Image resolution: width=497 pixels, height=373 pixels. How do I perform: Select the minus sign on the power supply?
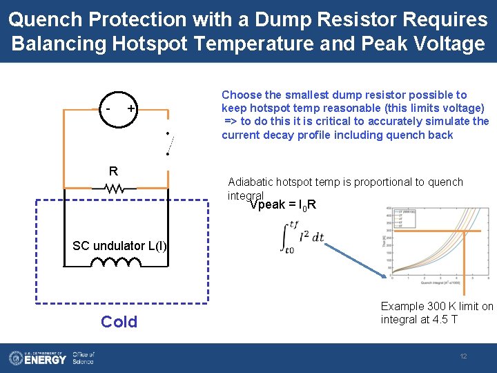tap(108, 109)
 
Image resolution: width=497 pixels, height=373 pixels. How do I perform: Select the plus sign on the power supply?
tap(130, 109)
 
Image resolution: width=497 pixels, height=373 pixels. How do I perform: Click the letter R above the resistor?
tap(113, 171)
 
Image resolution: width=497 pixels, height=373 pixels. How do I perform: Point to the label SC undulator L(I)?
tap(119, 246)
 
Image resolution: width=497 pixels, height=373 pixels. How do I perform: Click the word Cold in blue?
tap(119, 321)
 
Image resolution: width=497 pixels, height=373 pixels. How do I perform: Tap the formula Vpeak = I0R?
tap(283, 204)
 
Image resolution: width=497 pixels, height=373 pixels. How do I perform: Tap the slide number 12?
tap(464, 356)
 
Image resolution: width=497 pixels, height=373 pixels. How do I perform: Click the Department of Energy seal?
tap(16, 357)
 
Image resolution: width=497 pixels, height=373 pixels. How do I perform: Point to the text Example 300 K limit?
tap(428, 306)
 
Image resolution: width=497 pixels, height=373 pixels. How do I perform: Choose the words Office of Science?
tap(83, 357)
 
